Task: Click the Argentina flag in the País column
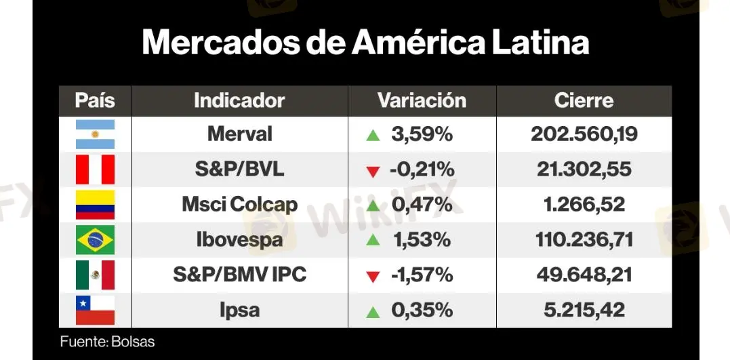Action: (x=96, y=134)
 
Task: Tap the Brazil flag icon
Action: (x=96, y=240)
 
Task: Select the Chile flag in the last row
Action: (x=96, y=311)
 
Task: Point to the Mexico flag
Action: (x=96, y=275)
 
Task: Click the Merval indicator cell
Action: (x=239, y=134)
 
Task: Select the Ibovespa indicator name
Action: (x=239, y=240)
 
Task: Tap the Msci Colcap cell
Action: (x=239, y=205)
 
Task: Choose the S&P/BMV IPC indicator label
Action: (x=239, y=275)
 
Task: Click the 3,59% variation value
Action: (x=421, y=134)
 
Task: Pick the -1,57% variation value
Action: (x=421, y=275)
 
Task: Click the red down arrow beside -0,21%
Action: (x=373, y=172)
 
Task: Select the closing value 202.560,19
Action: (x=584, y=134)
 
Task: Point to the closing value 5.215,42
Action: (x=584, y=311)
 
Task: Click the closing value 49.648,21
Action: (x=584, y=275)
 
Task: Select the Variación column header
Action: (x=422, y=101)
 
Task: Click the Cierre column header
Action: (x=584, y=101)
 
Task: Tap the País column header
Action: (x=95, y=101)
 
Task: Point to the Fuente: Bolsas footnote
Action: (x=107, y=342)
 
